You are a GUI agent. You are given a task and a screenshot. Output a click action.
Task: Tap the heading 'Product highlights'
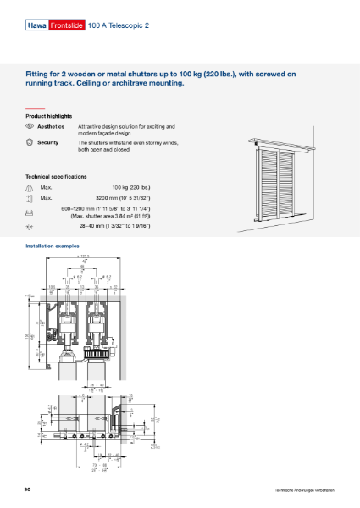click(x=48, y=115)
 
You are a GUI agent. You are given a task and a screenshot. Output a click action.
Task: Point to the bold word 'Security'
click(x=48, y=143)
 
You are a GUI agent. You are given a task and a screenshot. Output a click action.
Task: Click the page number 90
click(x=29, y=489)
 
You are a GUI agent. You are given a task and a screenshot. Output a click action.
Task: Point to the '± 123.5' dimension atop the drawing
click(x=83, y=255)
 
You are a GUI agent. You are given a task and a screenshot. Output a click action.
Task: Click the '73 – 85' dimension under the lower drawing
click(x=88, y=464)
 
